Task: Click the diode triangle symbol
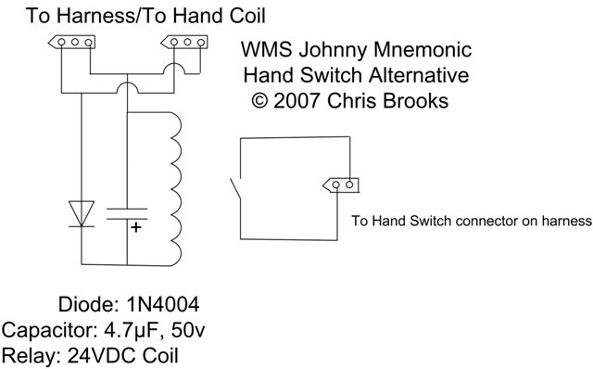pyautogui.click(x=82, y=214)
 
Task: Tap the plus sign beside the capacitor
pyautogui.click(x=136, y=227)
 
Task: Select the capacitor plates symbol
pyautogui.click(x=127, y=214)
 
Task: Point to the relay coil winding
pyautogui.click(x=175, y=189)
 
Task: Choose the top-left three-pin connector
pyautogui.click(x=72, y=42)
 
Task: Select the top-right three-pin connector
pyautogui.click(x=184, y=42)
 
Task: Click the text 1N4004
pyautogui.click(x=163, y=304)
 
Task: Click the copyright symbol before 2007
pyautogui.click(x=259, y=101)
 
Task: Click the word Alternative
pyautogui.click(x=419, y=75)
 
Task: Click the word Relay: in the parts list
pyautogui.click(x=32, y=356)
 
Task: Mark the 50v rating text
pyautogui.click(x=188, y=330)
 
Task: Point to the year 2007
pyautogui.click(x=297, y=101)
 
